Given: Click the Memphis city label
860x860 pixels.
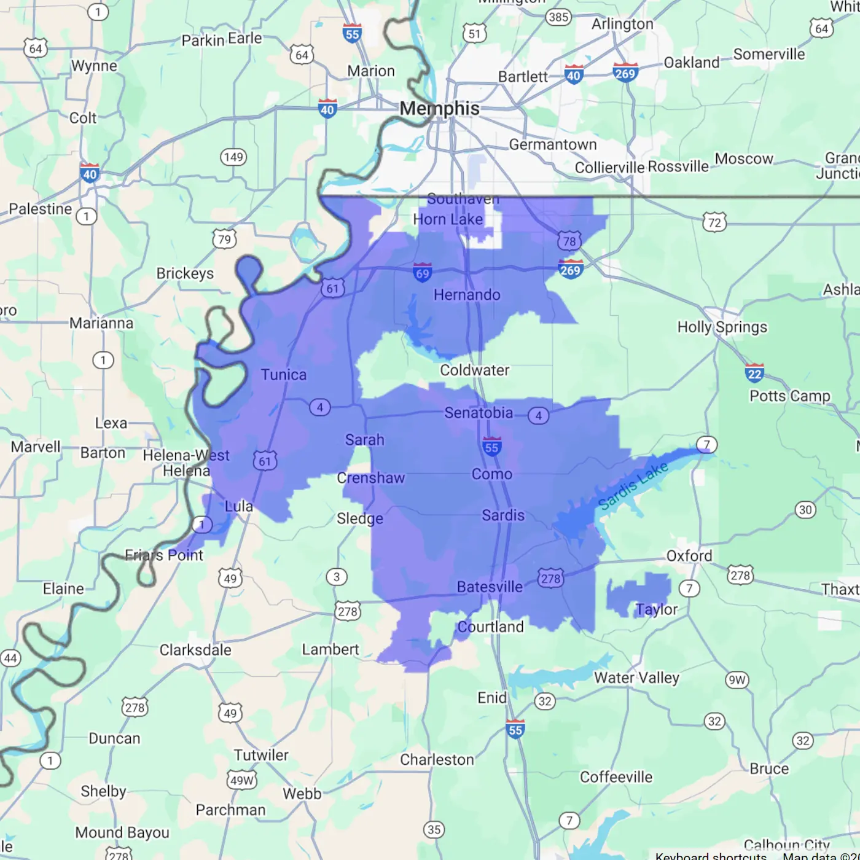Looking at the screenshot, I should point(439,109).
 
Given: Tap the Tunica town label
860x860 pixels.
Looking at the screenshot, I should point(283,375).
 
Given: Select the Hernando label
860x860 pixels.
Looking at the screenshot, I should point(467,295).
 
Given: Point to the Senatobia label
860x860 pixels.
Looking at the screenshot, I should point(479,413).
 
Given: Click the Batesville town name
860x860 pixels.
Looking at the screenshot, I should point(490,587).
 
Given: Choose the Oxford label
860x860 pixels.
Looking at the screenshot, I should point(689,556).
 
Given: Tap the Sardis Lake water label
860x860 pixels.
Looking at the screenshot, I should point(633,486).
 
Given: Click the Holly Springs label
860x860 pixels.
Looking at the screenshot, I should point(722,327).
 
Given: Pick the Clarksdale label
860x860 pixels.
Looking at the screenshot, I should point(195,650).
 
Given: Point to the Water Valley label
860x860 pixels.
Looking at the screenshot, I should point(636,678).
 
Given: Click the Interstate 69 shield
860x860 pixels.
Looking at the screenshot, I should point(423,272).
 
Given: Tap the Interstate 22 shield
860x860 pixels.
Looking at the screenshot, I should point(754,373).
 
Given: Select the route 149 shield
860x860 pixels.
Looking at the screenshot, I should point(233,157).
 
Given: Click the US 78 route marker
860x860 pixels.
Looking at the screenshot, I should point(569,241).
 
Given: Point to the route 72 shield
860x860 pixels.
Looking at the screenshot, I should point(714,222).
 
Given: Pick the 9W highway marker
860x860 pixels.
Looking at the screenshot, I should point(737,680).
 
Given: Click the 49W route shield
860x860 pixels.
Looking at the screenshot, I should point(241,780).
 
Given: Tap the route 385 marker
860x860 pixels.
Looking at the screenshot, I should point(558,17).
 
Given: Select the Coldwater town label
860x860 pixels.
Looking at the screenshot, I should point(474,370).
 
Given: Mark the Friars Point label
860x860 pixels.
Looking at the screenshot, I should point(164,555).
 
